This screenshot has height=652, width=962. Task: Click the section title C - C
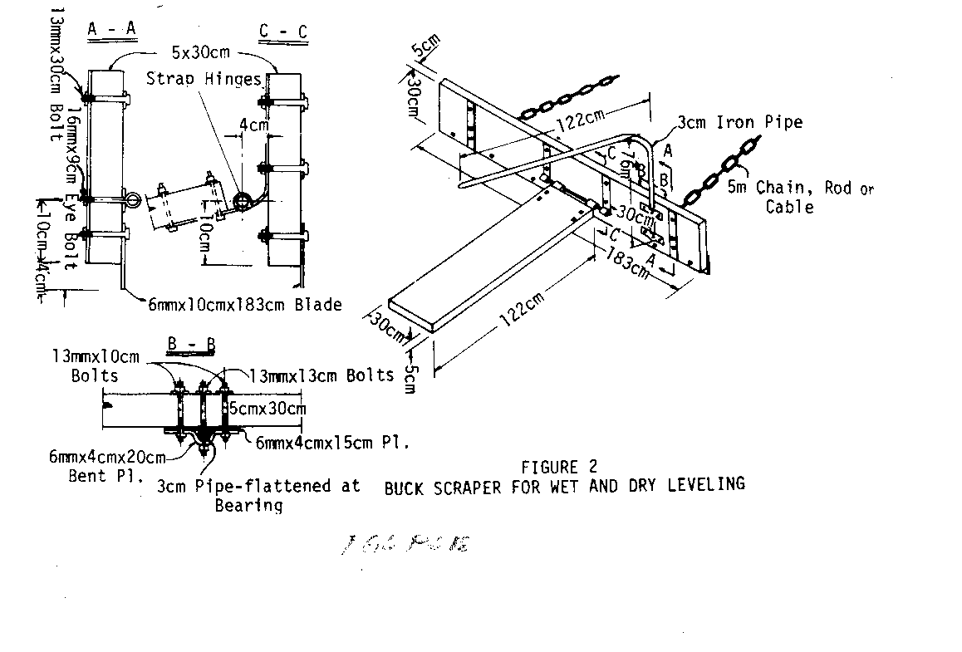(283, 32)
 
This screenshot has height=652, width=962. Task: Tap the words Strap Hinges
(204, 79)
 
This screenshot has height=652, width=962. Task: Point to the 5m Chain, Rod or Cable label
(800, 197)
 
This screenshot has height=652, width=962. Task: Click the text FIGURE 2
(558, 467)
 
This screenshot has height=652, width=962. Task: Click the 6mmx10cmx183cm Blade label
(245, 305)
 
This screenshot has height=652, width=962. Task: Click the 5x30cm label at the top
(200, 52)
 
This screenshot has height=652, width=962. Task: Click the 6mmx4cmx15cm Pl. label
(332, 444)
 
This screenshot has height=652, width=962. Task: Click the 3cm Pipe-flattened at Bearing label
(259, 494)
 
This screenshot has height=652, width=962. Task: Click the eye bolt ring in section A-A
(132, 200)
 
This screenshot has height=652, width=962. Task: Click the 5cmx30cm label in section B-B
(267, 408)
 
